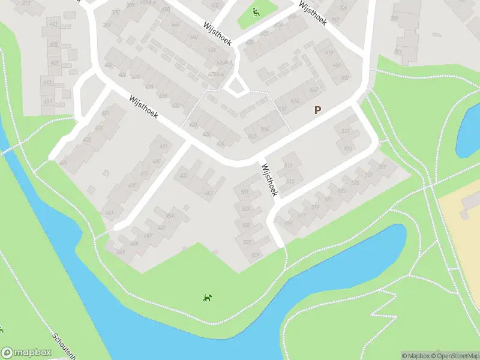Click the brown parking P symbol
click(x=317, y=110)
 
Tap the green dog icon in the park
click(x=207, y=297)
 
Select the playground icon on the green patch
click(x=256, y=11)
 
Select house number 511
click(x=289, y=166)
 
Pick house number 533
click(x=345, y=131)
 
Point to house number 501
click(x=244, y=191)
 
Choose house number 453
click(x=183, y=176)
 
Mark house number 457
click(x=209, y=193)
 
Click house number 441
click(x=109, y=213)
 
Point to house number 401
click(x=54, y=23)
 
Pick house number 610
click(x=329, y=53)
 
